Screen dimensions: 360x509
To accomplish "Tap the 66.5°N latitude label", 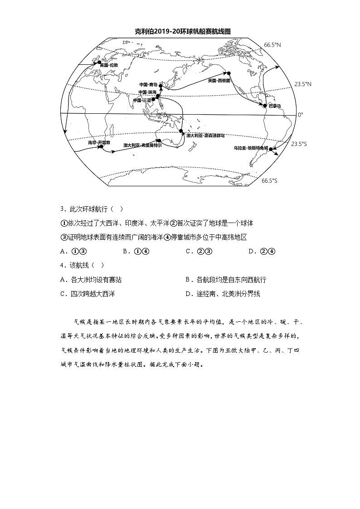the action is (x=272, y=45).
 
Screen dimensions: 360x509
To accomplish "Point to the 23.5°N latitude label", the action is (x=303, y=84).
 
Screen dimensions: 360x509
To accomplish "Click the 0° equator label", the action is (x=300, y=115).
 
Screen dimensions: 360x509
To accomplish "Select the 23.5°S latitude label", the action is (x=299, y=144).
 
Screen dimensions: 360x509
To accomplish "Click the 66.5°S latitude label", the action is (x=269, y=180).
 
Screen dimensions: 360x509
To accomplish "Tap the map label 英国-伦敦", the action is (x=109, y=65).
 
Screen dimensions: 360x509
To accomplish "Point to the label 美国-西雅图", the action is (x=219, y=81).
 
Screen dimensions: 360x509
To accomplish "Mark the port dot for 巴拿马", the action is (x=265, y=106).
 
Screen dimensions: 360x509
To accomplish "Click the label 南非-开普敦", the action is (x=99, y=142).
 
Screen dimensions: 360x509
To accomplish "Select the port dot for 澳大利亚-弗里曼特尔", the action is (x=159, y=140).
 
